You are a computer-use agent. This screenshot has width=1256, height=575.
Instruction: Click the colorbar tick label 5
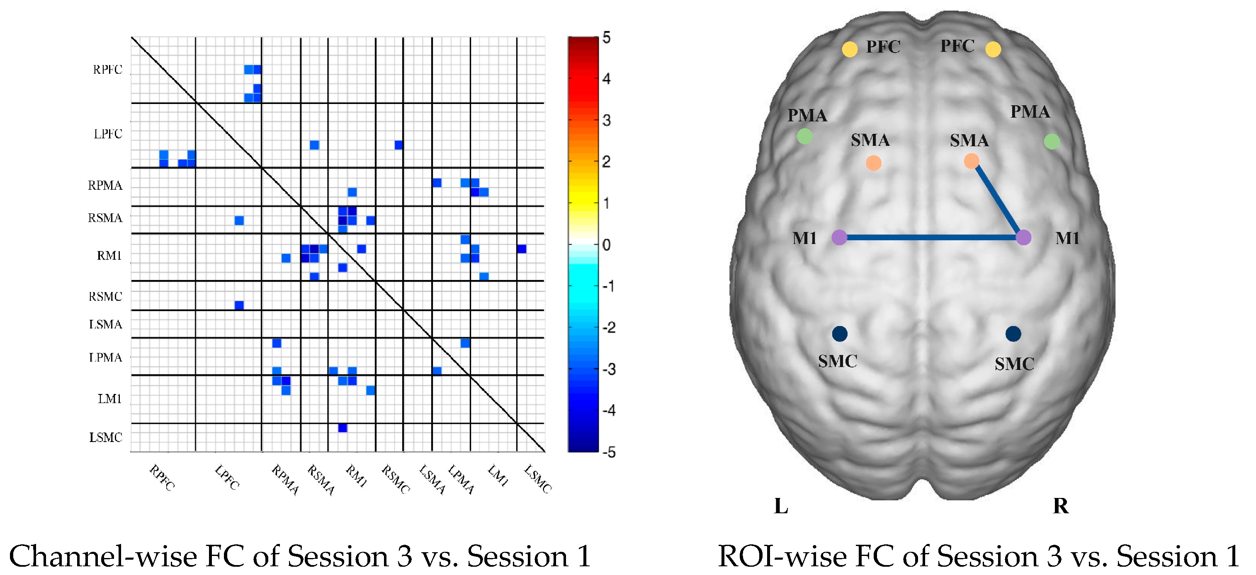point(606,38)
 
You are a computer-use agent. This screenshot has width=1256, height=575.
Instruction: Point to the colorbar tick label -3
point(608,369)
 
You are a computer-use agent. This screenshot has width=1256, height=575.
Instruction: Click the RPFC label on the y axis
point(107,70)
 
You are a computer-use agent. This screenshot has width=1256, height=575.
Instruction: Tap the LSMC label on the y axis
point(105,437)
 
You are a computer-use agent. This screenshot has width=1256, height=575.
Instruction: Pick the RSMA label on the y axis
point(105,218)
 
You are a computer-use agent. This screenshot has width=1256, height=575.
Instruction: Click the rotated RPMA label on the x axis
point(285,480)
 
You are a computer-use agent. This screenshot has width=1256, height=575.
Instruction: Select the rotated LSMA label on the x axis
point(432,480)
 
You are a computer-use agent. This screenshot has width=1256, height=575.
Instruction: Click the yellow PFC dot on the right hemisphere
point(993,49)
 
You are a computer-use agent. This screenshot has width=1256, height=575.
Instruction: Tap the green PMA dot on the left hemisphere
point(804,136)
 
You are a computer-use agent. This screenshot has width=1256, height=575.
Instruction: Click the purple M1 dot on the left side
point(839,238)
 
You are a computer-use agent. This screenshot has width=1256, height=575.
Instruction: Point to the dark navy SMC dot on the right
point(1013,334)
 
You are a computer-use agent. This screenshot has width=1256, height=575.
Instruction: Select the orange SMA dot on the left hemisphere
point(873,163)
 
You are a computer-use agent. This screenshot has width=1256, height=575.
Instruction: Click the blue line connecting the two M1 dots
point(931,238)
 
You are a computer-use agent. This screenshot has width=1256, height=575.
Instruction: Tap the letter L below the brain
point(781,506)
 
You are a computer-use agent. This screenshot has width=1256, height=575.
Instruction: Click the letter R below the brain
point(1060,506)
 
